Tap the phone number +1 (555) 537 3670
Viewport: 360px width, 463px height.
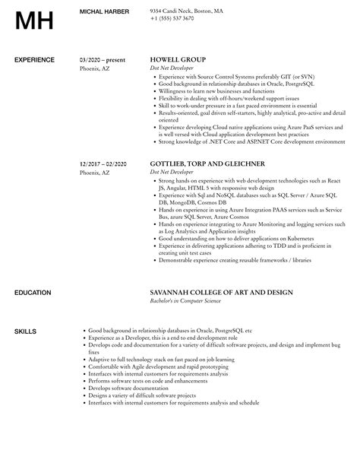pyautogui.click(x=172, y=18)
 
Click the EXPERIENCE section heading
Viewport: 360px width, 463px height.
pyautogui.click(x=35, y=59)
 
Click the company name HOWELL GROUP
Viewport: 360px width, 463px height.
pyautogui.click(x=178, y=59)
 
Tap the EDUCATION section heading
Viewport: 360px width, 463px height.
pyautogui.click(x=33, y=292)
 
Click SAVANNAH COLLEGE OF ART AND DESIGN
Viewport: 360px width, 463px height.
pyautogui.click(x=219, y=292)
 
